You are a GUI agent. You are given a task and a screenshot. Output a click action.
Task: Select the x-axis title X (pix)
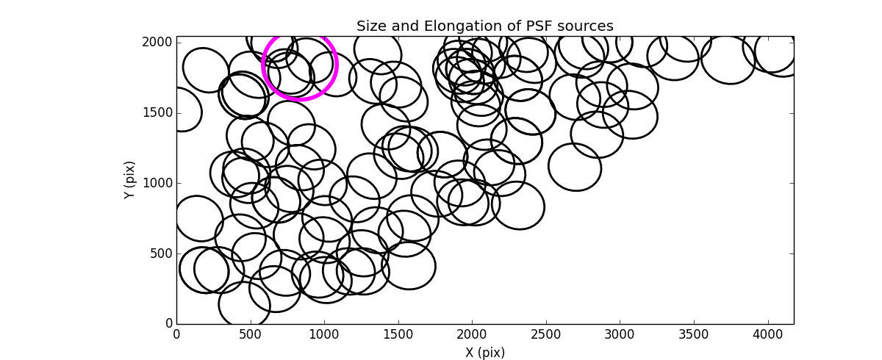pyautogui.click(x=484, y=353)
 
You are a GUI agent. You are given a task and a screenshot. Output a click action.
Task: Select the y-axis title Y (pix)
pyautogui.click(x=129, y=180)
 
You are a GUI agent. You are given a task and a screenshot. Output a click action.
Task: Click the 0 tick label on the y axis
pyautogui.click(x=169, y=324)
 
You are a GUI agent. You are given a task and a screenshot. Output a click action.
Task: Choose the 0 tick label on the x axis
pyautogui.click(x=176, y=335)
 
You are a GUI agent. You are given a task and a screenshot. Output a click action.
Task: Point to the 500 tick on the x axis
pyautogui.click(x=250, y=335)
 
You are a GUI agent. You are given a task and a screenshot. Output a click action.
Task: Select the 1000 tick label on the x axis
pyautogui.click(x=324, y=335)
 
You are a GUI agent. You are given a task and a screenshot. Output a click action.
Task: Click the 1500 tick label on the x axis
pyautogui.click(x=398, y=335)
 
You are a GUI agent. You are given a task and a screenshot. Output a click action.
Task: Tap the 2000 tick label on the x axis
pyautogui.click(x=472, y=335)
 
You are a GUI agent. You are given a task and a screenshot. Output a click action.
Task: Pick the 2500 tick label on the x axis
pyautogui.click(x=545, y=335)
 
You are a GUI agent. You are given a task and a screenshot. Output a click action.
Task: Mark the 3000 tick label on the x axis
pyautogui.click(x=620, y=335)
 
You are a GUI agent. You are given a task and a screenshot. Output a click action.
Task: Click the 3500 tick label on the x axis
pyautogui.click(x=694, y=335)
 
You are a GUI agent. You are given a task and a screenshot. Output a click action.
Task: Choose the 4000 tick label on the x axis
pyautogui.click(x=767, y=335)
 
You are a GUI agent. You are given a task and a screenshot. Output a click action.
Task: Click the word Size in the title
pyautogui.click(x=370, y=26)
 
